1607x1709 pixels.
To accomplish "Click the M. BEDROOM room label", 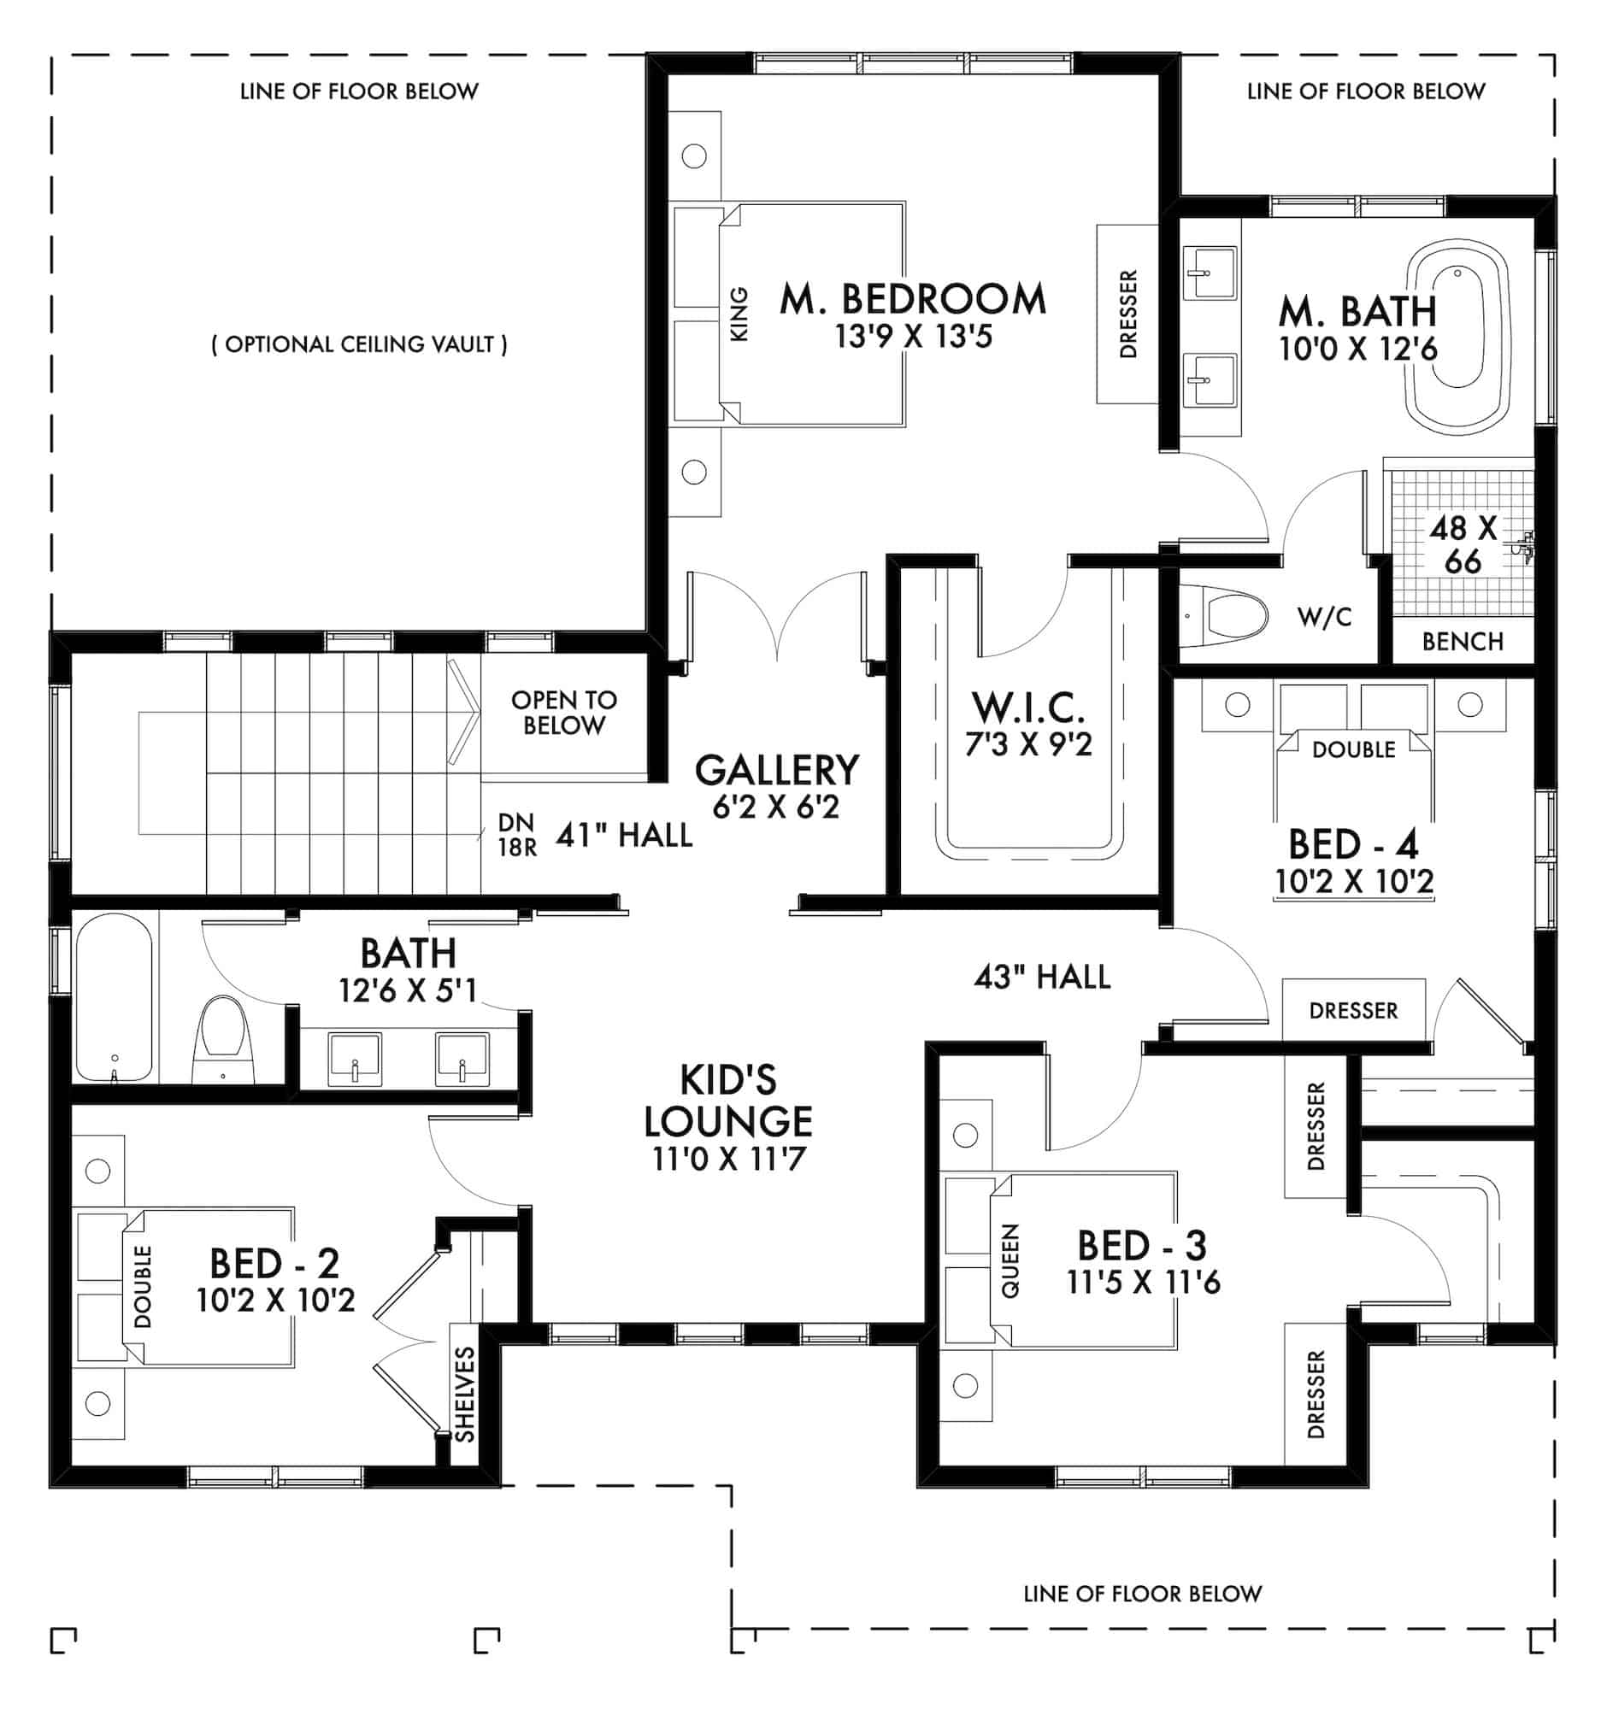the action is (x=913, y=299).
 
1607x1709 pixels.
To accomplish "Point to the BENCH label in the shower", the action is (x=1463, y=642).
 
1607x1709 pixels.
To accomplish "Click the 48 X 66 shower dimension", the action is (x=1463, y=544).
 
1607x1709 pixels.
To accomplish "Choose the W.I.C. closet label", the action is (x=1028, y=707).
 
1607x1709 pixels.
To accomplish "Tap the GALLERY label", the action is (x=776, y=769).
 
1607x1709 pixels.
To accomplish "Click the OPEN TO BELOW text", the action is (x=564, y=713).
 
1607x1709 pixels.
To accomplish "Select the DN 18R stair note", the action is (x=518, y=836).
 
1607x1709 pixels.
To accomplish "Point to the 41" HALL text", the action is (x=624, y=835).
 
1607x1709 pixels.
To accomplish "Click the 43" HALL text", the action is (x=1042, y=977).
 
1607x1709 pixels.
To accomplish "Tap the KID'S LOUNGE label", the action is (x=728, y=1101).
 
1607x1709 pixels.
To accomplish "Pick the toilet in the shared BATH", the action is (x=223, y=1039).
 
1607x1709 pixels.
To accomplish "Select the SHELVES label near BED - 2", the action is (x=464, y=1395).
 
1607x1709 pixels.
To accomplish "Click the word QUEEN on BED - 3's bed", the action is (x=1010, y=1260).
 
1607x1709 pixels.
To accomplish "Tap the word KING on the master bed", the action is (x=739, y=314).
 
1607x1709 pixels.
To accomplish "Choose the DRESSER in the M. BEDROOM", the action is (x=1127, y=314).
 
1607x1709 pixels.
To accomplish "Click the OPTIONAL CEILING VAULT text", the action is (x=359, y=344).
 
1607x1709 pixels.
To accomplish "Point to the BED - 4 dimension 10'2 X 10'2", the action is (x=1353, y=882).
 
